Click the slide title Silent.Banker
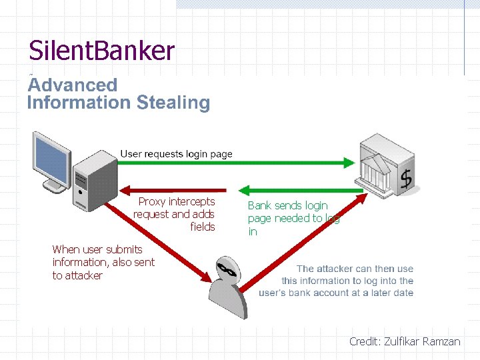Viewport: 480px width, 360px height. tap(101, 51)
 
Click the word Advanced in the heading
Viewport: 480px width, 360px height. tap(72, 85)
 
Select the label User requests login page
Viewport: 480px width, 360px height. tap(176, 154)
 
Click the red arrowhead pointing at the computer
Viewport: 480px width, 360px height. tap(127, 189)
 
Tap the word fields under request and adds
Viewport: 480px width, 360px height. tap(203, 227)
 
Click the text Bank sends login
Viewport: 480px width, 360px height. tap(287, 205)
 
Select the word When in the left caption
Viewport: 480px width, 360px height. tap(66, 249)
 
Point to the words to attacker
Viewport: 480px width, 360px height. tap(77, 275)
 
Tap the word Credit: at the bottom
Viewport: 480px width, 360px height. tap(365, 341)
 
